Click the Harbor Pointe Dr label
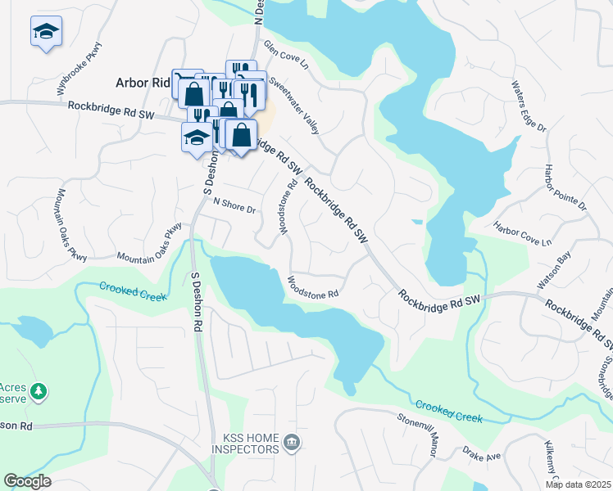pyautogui.click(x=565, y=187)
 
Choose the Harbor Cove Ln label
pyautogui.click(x=522, y=234)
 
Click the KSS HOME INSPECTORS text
pyautogui.click(x=244, y=444)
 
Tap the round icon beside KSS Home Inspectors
pyautogui.click(x=291, y=444)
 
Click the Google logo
pyautogui.click(x=27, y=481)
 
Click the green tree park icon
pyautogui.click(x=38, y=393)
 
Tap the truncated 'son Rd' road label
pyautogui.click(x=16, y=426)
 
